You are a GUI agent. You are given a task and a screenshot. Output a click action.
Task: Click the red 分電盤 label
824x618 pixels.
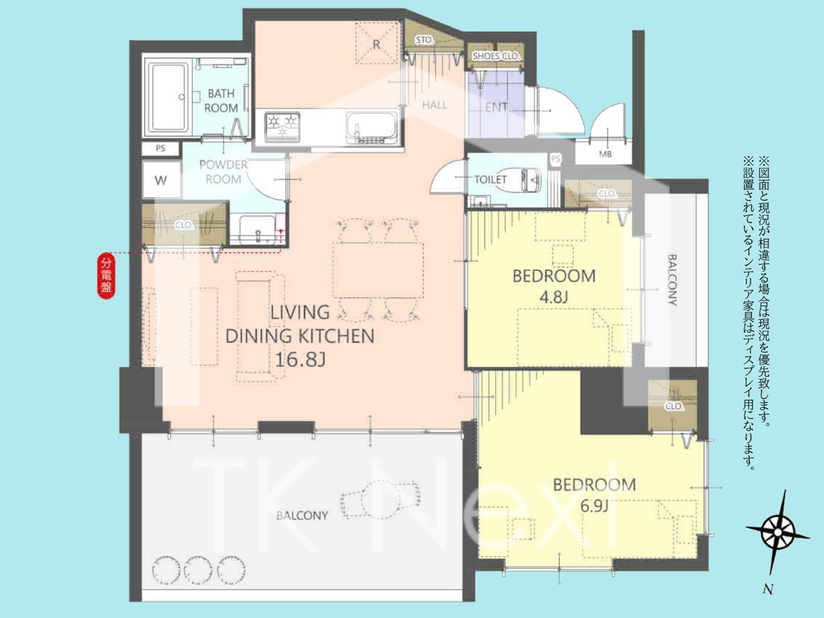point(106,276)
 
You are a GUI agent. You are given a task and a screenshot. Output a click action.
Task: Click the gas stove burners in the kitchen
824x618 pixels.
point(283,127)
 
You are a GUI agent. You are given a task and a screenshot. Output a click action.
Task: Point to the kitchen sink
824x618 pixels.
point(371,128)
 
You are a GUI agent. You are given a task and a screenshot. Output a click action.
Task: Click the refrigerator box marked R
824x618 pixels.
point(377,43)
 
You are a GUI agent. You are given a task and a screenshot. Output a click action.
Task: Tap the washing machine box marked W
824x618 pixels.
point(161,180)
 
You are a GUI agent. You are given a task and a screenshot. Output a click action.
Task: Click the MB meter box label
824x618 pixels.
point(605,154)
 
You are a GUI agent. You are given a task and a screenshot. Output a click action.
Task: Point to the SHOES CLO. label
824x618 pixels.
point(496,56)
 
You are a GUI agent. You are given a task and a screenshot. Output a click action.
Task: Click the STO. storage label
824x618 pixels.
point(424,40)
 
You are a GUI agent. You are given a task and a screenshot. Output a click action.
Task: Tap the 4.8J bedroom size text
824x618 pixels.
point(554,297)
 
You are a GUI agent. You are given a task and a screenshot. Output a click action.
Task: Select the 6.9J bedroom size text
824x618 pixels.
point(594,506)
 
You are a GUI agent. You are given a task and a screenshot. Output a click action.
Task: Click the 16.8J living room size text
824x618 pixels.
point(301,359)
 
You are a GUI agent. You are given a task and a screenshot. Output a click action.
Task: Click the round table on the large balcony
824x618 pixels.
point(380,500)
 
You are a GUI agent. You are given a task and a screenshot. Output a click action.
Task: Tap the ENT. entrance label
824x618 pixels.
point(496,108)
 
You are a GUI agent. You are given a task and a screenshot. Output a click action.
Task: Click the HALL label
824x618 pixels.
point(435,105)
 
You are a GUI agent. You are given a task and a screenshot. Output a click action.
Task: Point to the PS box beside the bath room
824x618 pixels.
point(161,148)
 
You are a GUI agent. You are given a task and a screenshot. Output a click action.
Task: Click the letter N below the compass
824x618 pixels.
point(767,590)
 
